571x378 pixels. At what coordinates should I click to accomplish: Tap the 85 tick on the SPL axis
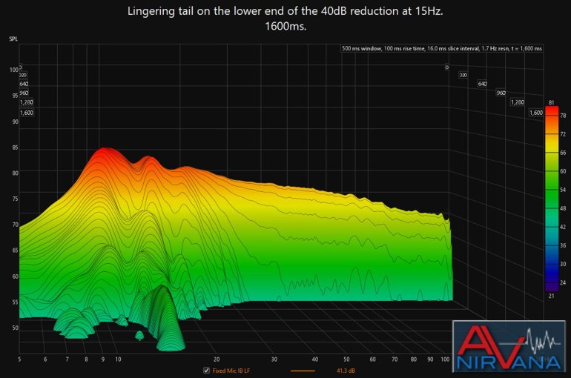click(14, 147)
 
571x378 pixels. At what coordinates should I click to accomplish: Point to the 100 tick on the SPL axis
click(14, 70)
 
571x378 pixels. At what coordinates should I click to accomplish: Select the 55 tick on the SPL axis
click(14, 302)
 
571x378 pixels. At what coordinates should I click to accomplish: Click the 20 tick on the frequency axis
click(216, 359)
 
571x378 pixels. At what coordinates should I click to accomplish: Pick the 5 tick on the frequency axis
click(19, 359)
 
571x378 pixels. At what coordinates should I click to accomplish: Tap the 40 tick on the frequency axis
click(314, 359)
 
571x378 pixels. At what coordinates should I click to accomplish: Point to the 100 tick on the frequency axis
click(445, 359)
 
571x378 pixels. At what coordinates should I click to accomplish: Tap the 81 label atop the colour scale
click(552, 102)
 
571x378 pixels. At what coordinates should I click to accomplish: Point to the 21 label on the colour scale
click(552, 296)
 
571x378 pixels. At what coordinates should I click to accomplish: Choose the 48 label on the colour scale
click(563, 209)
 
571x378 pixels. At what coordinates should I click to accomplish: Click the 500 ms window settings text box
click(442, 49)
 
